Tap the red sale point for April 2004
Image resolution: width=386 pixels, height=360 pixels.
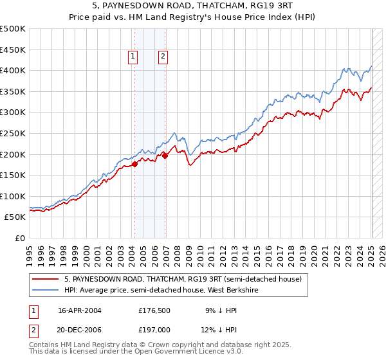tap(135, 164)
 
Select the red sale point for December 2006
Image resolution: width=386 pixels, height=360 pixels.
tap(165, 155)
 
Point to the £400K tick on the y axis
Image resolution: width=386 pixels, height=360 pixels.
tap(13, 70)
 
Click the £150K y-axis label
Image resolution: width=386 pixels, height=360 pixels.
tap(13, 175)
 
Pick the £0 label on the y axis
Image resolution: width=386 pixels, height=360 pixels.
tap(20, 238)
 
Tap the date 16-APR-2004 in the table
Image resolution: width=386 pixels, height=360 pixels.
tap(80, 310)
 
